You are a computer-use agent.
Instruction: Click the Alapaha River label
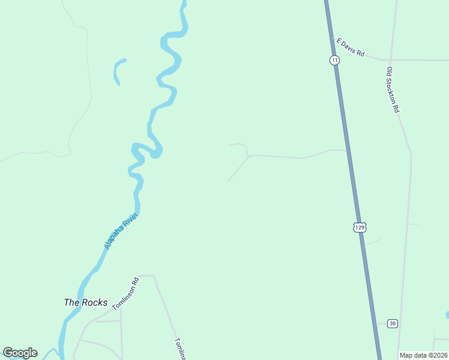pyautogui.click(x=121, y=231)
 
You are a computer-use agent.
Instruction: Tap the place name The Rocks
pyautogui.click(x=85, y=302)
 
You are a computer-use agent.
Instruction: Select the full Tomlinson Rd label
pyautogui.click(x=125, y=293)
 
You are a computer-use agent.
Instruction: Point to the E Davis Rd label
pyautogui.click(x=351, y=47)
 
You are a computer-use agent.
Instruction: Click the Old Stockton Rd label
pyautogui.click(x=393, y=89)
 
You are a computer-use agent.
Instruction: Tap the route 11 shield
pyautogui.click(x=334, y=60)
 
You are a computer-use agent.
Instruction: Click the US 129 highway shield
pyautogui.click(x=359, y=227)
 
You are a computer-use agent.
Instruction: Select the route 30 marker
pyautogui.click(x=392, y=323)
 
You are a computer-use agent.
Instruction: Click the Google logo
pyautogui.click(x=20, y=353)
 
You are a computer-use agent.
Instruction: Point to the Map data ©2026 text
pyautogui.click(x=423, y=355)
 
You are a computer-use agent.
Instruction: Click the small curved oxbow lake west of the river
pyautogui.click(x=117, y=70)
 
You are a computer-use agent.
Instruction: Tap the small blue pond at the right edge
pyautogui.click(x=447, y=314)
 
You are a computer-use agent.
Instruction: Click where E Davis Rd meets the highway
pyautogui.click(x=332, y=38)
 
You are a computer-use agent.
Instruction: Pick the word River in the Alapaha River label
pyautogui.click(x=131, y=221)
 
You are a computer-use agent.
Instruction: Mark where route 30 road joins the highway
pyautogui.click(x=376, y=323)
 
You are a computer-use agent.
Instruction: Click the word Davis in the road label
pyautogui.click(x=349, y=47)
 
